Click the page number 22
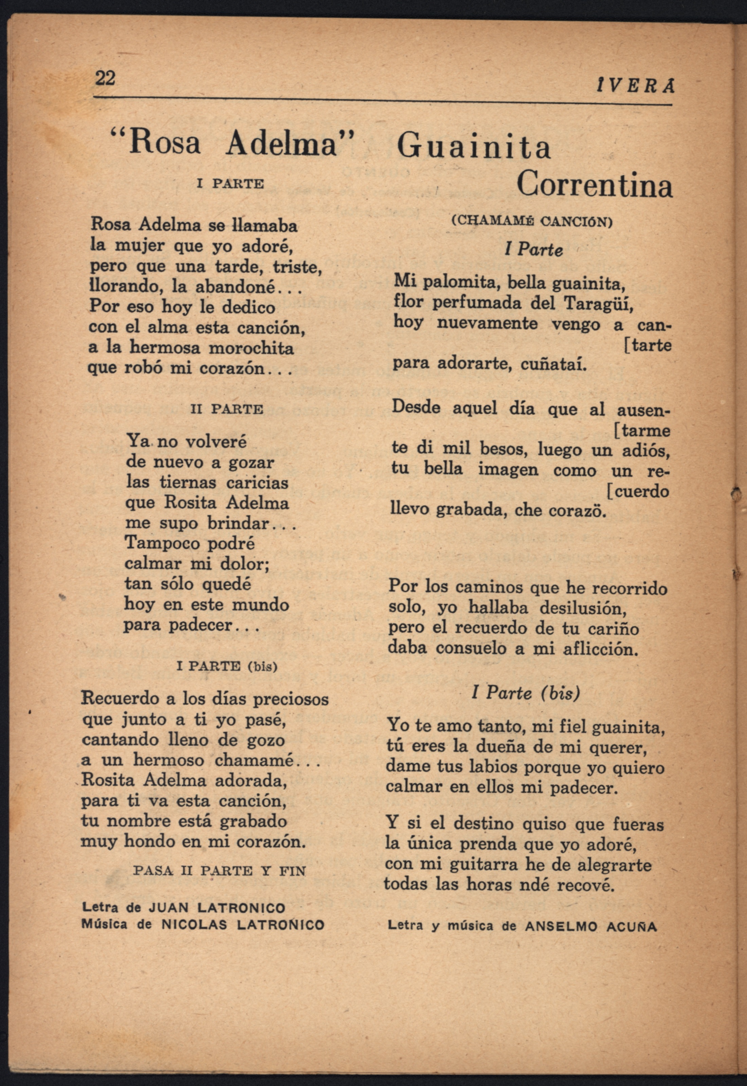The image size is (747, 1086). pyautogui.click(x=105, y=78)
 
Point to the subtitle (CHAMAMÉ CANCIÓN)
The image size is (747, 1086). pyautogui.click(x=532, y=221)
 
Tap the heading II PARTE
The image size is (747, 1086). pyautogui.click(x=227, y=409)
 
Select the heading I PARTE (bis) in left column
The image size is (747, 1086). pyautogui.click(x=227, y=666)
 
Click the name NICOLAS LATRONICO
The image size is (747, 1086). pyautogui.click(x=243, y=925)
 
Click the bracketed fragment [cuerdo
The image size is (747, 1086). pyautogui.click(x=637, y=491)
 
